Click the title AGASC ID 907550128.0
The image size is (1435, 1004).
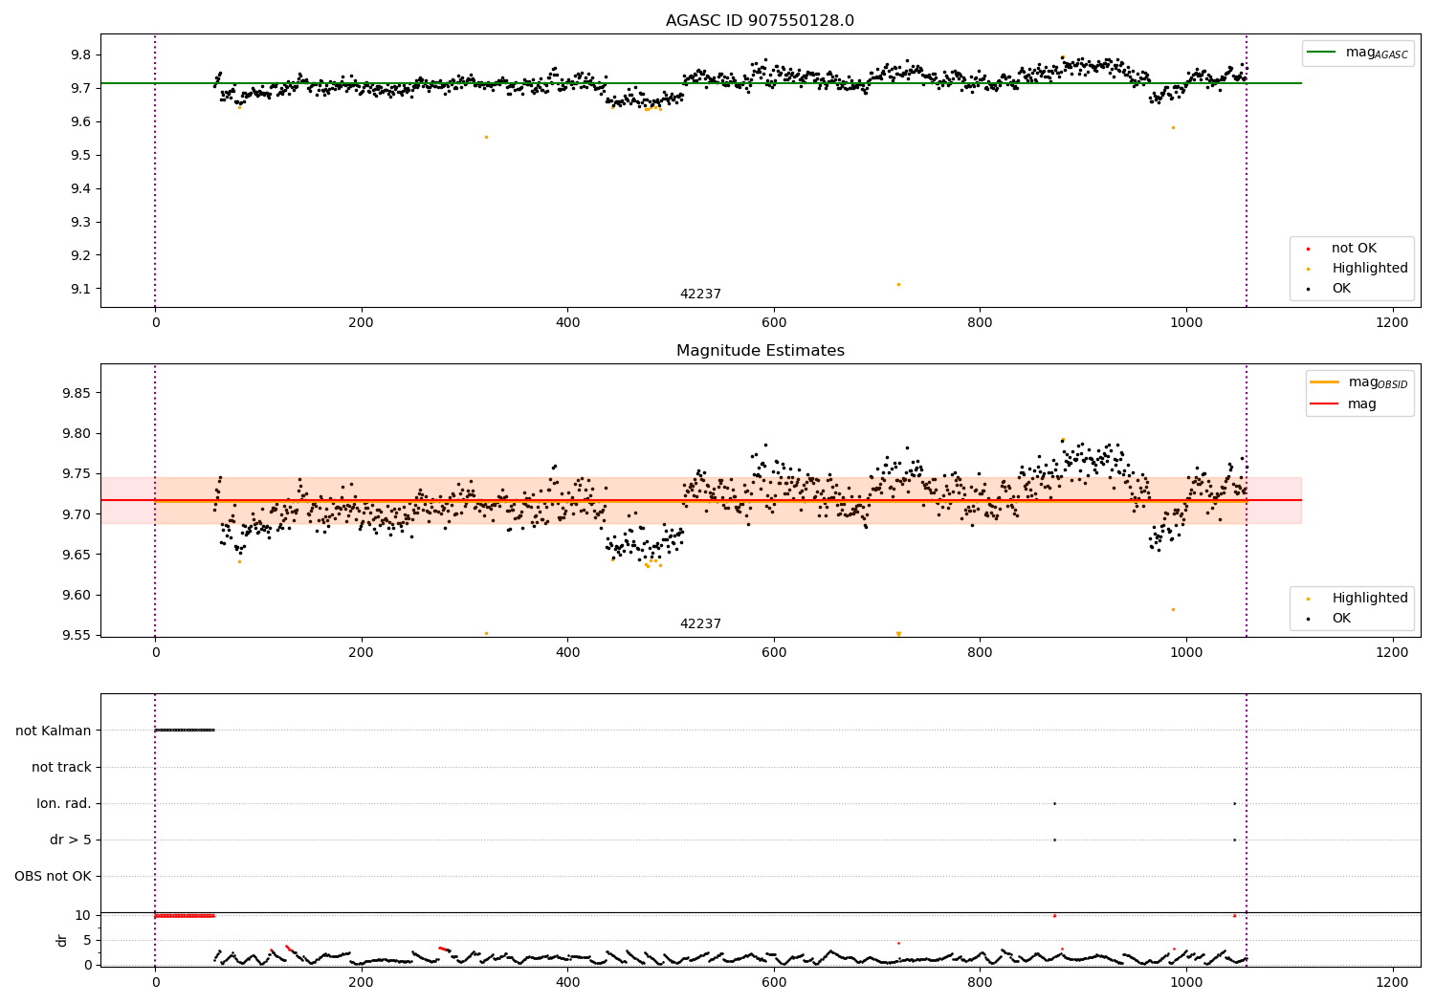click(760, 21)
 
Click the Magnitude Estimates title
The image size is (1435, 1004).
click(760, 351)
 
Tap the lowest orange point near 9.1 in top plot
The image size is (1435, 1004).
click(898, 284)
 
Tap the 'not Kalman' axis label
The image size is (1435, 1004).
click(54, 731)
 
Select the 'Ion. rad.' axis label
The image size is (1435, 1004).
click(64, 803)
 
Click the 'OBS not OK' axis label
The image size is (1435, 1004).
click(53, 876)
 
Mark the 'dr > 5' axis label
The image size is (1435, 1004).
click(71, 840)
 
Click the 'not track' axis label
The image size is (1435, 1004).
click(61, 767)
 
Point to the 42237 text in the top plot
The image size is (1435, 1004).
click(700, 295)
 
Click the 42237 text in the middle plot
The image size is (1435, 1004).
click(700, 624)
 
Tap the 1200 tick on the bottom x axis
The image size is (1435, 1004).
click(1392, 981)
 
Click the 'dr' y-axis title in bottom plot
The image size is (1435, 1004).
click(62, 940)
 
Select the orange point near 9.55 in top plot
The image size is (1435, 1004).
click(486, 137)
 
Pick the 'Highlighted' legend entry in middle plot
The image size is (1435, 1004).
click(1369, 599)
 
